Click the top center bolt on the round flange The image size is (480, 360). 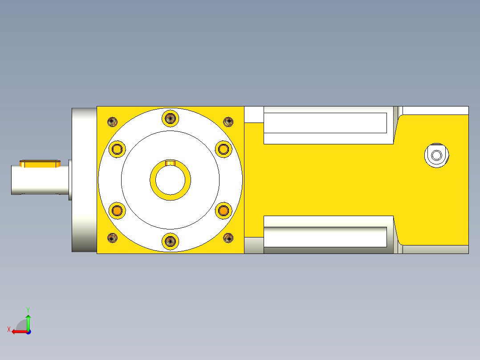[x=170, y=118]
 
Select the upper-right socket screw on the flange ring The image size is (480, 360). [x=223, y=148]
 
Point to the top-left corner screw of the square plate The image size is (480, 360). [x=112, y=121]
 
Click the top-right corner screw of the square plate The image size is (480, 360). [x=228, y=121]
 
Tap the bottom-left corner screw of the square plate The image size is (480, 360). [x=112, y=238]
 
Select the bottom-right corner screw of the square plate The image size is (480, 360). [x=228, y=238]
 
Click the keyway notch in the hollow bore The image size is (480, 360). [x=170, y=163]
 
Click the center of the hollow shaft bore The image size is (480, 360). [x=170, y=180]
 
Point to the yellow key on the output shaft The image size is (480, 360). [x=40, y=164]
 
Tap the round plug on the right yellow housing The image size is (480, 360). [x=436, y=155]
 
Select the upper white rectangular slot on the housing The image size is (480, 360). [x=325, y=123]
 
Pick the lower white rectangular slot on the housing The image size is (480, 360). [x=325, y=237]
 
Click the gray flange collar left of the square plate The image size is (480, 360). [x=84, y=180]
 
